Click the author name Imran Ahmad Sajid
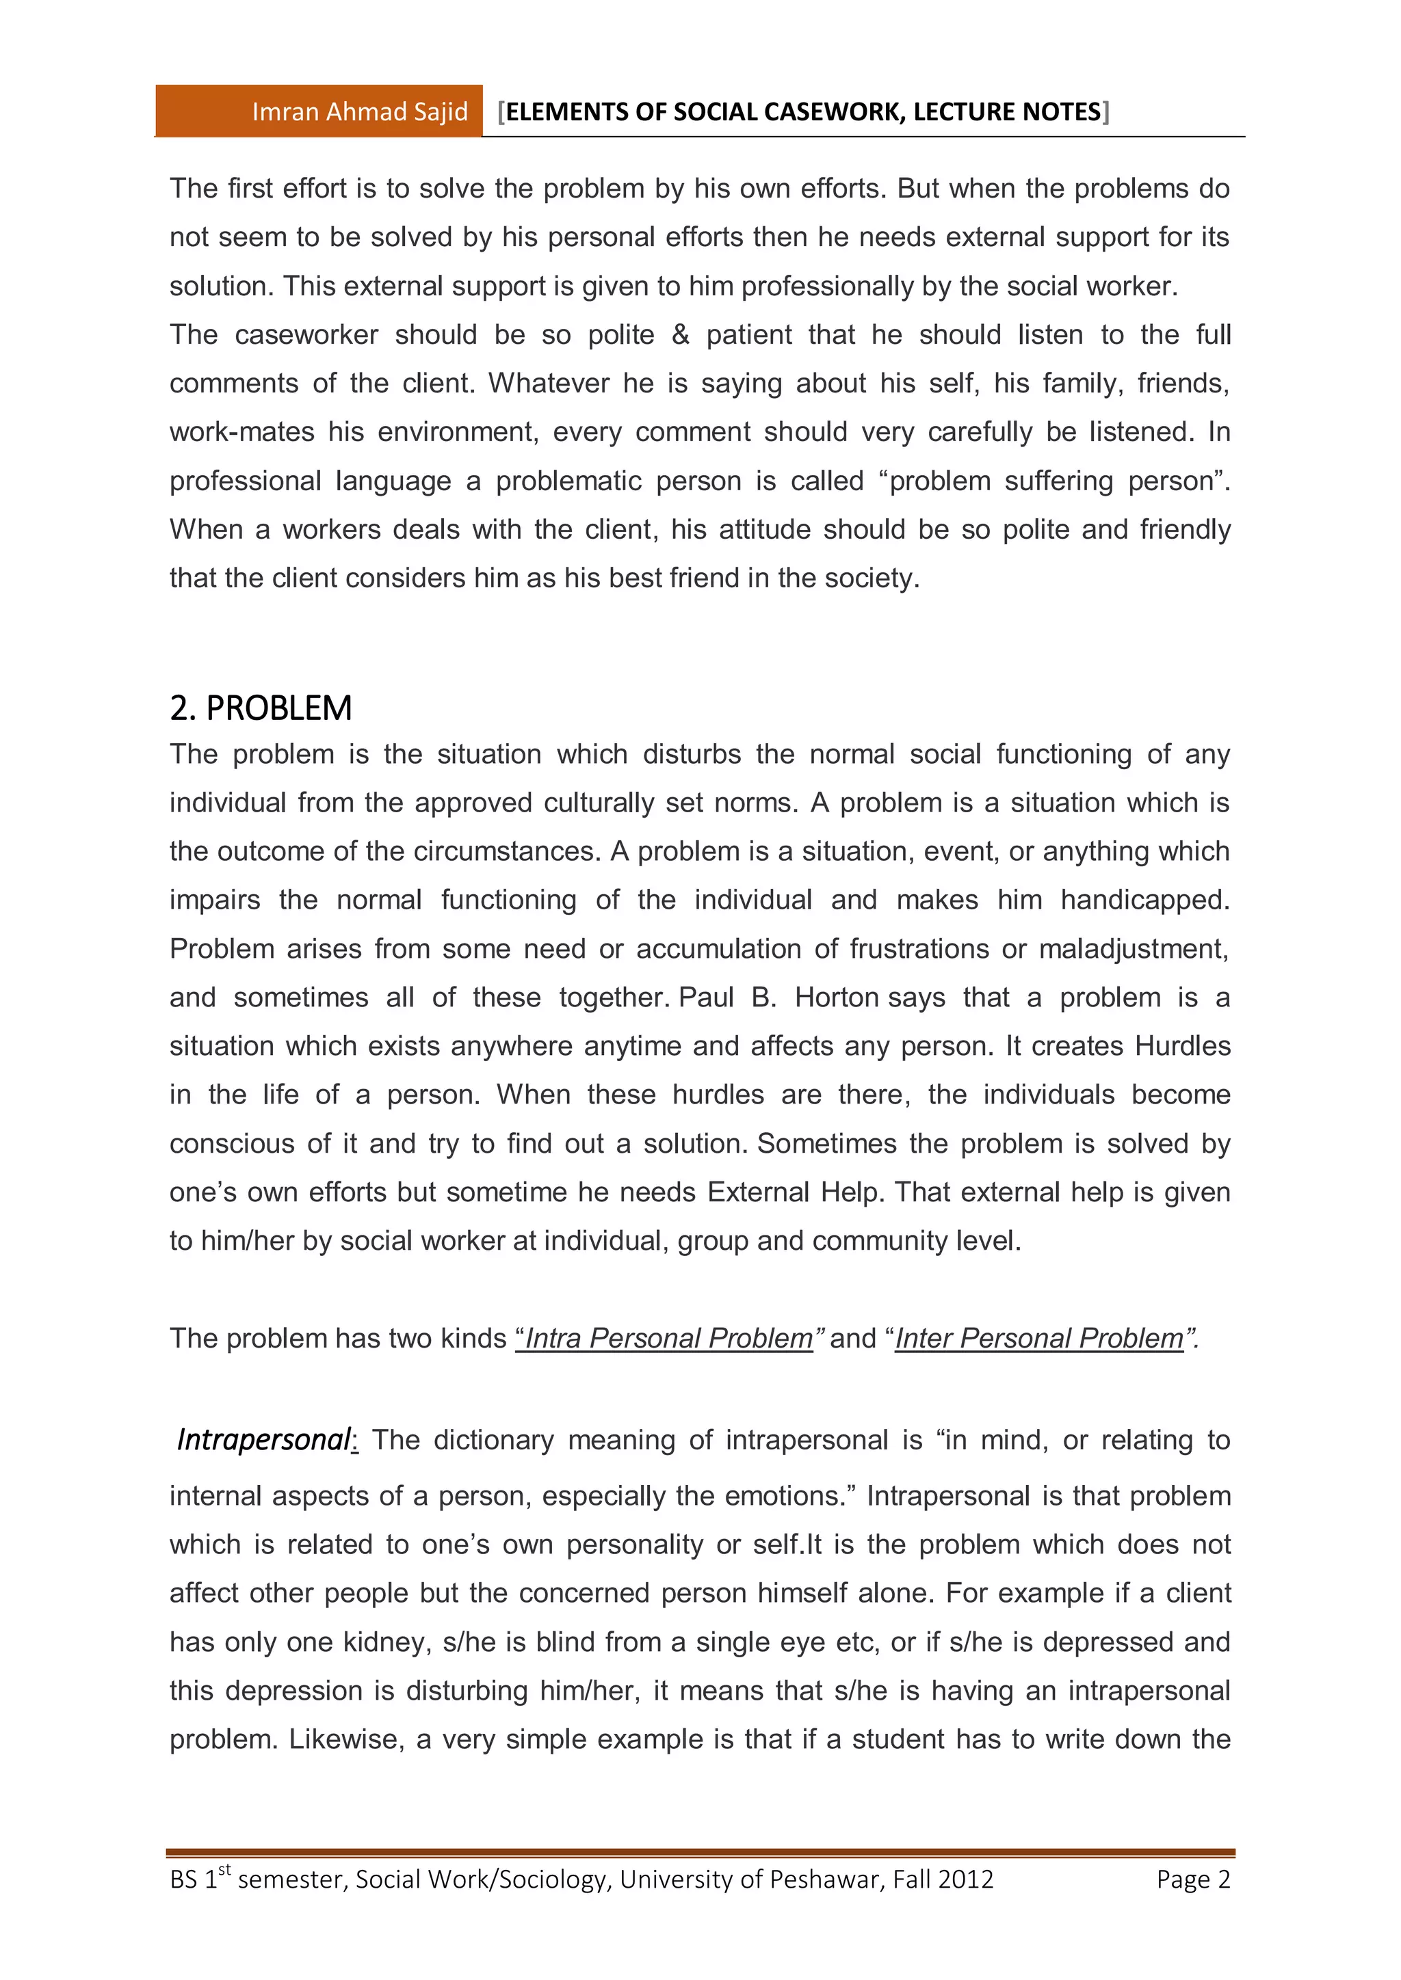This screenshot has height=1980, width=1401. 359,112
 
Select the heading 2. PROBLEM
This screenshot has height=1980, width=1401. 261,708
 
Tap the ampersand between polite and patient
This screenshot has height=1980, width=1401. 681,334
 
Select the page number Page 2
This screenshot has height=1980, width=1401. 1193,1879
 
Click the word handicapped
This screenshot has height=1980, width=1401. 1144,900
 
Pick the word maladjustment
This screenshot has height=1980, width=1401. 1133,948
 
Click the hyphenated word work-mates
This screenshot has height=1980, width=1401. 241,432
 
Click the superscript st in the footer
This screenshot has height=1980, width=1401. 224,1869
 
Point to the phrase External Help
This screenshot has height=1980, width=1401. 794,1192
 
